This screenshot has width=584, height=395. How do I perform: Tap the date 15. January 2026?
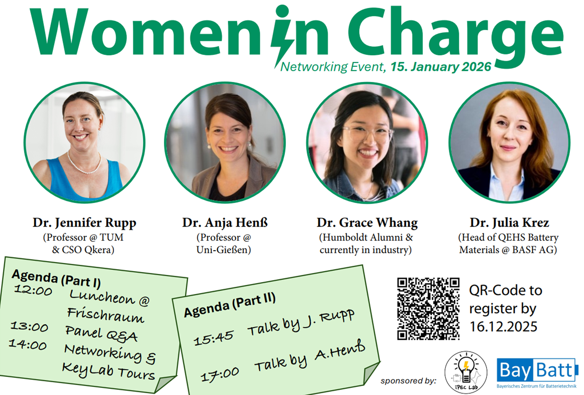point(441,67)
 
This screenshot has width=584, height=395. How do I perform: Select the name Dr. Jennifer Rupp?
point(85,223)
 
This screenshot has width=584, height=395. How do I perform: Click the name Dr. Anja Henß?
point(225,223)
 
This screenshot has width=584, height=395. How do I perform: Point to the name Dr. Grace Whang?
point(367,223)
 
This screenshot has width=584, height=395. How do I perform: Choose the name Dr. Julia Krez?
point(509,223)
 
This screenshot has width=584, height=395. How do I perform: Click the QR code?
point(428,309)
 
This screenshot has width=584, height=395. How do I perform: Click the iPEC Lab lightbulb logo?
point(466,372)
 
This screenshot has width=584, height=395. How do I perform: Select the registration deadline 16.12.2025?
point(503,327)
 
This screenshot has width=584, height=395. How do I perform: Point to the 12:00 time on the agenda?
point(33,290)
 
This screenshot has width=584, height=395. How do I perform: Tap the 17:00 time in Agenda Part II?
point(220,375)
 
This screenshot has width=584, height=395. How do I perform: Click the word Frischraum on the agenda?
point(105,315)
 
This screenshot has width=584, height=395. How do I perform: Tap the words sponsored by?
point(408,381)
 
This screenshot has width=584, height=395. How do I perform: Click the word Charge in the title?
point(455,33)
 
